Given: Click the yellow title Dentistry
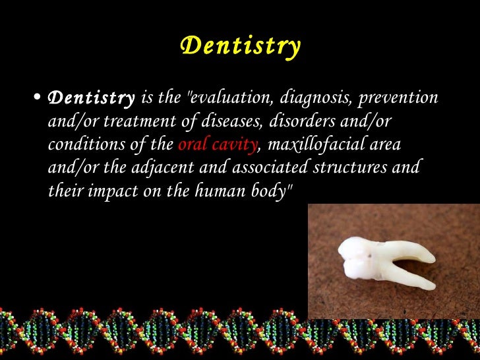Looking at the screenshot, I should (240, 46).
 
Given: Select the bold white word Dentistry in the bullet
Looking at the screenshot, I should (92, 99).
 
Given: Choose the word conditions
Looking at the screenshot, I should (82, 145).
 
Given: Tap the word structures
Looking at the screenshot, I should (355, 167).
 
